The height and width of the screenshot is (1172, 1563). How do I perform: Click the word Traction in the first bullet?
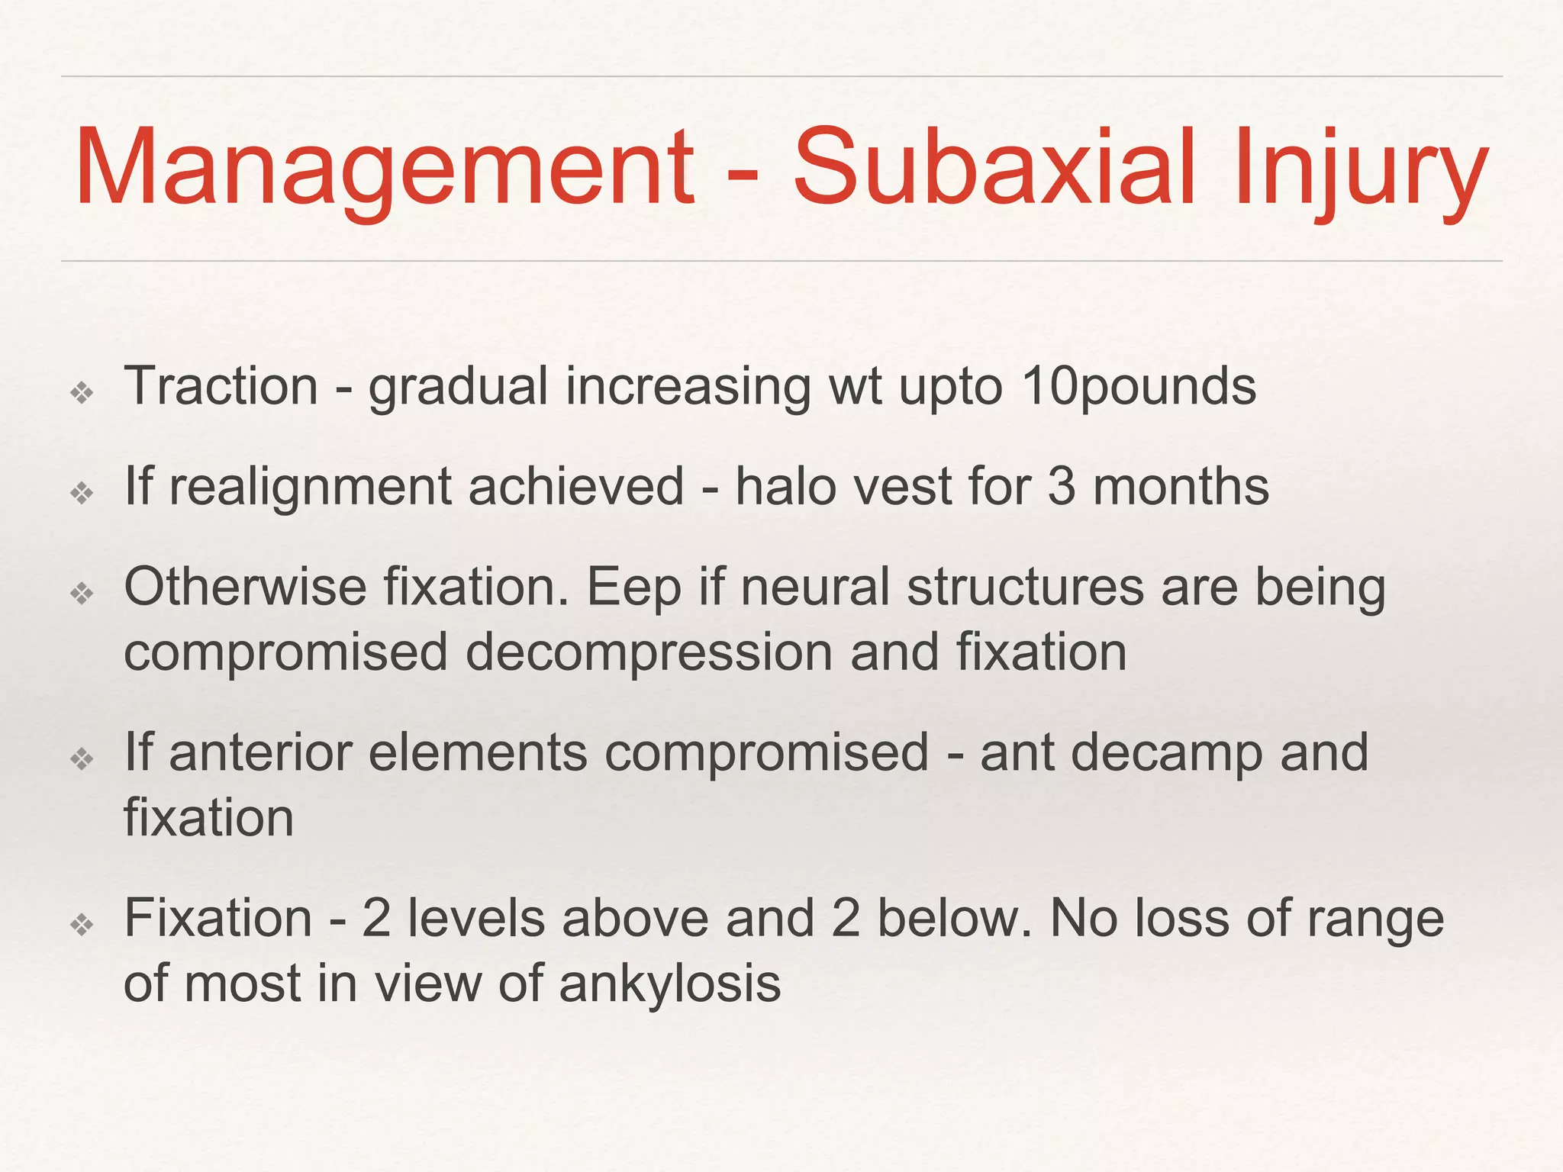[221, 386]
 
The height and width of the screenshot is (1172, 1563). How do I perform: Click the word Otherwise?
[245, 587]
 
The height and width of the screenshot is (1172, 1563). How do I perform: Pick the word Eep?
[633, 588]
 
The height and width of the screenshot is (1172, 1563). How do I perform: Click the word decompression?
[649, 653]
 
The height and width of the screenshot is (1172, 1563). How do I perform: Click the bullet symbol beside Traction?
[82, 393]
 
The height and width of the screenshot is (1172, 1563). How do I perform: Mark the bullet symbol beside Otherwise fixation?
[82, 593]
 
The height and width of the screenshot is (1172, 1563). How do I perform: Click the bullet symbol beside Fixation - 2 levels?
[82, 925]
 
